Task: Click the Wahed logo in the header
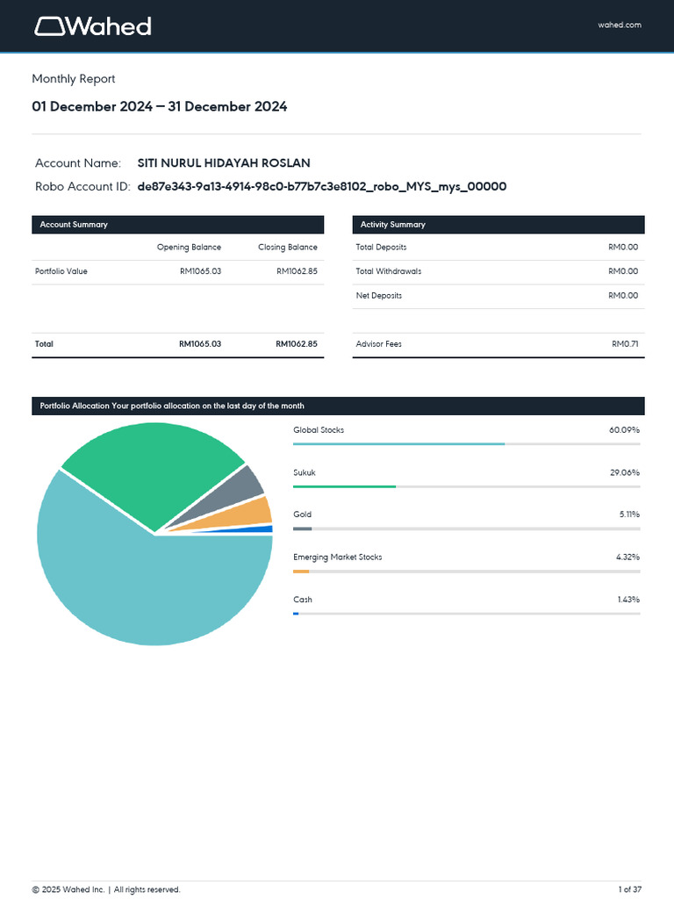pos(93,26)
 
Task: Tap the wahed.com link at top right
pos(620,25)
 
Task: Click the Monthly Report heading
pos(74,79)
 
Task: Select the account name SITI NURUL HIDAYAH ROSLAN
pos(224,163)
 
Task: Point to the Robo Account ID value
pos(322,187)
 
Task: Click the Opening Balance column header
pos(189,248)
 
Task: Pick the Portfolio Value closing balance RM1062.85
pos(297,271)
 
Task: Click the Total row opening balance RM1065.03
pos(200,344)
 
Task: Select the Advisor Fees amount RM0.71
pos(625,344)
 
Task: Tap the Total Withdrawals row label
pos(388,271)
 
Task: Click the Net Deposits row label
pos(378,296)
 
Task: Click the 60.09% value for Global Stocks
pos(624,430)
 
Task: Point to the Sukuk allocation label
pos(305,473)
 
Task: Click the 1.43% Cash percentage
pos(628,600)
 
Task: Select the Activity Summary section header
pos(392,225)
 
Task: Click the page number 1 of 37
pos(629,889)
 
